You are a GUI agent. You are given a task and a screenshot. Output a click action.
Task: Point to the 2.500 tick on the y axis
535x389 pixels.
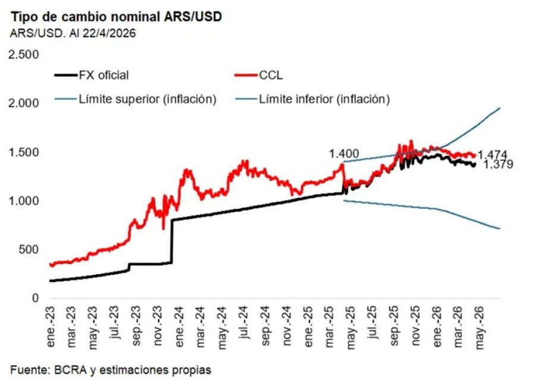(23, 55)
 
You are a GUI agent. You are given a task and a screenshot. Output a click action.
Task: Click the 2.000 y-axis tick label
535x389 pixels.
(23, 103)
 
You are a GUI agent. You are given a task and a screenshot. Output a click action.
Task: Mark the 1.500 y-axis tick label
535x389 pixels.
(23, 152)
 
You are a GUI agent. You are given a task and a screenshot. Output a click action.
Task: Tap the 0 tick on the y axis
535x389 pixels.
(36, 299)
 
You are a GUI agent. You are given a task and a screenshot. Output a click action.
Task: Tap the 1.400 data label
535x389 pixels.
(343, 155)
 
